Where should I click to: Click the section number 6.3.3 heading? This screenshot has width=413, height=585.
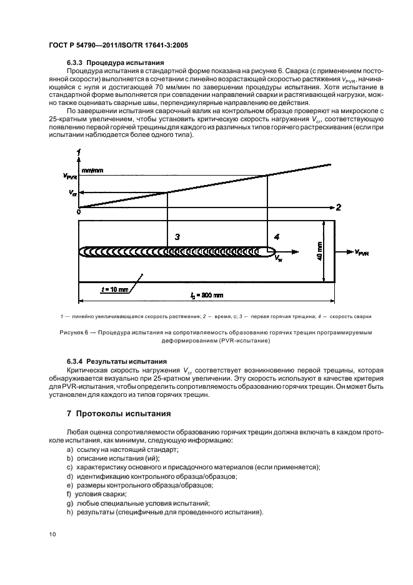pyautogui.click(x=75, y=63)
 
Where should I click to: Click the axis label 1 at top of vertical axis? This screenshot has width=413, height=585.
pyautogui.click(x=79, y=152)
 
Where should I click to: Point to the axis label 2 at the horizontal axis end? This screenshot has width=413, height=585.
pyautogui.click(x=338, y=207)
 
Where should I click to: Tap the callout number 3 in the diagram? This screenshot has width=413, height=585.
pyautogui.click(x=177, y=237)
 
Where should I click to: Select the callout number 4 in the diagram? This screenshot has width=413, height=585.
pyautogui.click(x=277, y=237)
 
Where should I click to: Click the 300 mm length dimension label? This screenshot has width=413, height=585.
pyautogui.click(x=207, y=294)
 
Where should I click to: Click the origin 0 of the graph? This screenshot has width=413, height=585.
pyautogui.click(x=79, y=212)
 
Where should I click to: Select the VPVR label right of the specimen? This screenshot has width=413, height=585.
pyautogui.click(x=365, y=252)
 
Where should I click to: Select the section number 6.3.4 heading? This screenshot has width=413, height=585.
pyautogui.click(x=75, y=361)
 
